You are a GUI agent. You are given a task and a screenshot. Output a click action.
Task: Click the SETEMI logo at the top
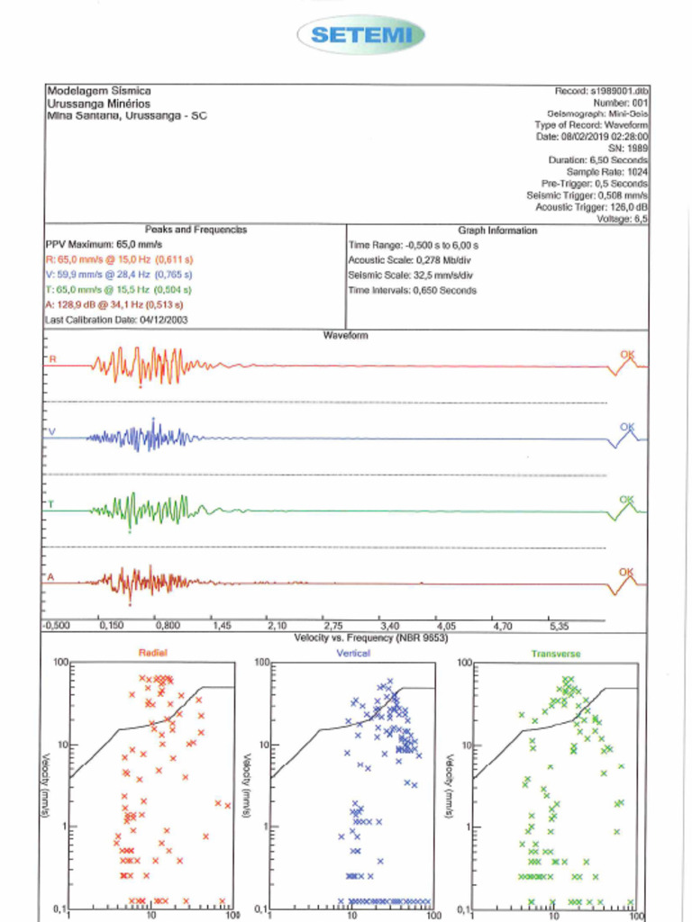tap(360, 35)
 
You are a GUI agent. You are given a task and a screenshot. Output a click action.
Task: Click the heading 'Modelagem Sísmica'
tap(98, 91)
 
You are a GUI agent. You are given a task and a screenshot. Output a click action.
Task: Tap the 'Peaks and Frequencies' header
tap(196, 230)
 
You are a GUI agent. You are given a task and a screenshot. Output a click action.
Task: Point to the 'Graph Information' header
tap(497, 230)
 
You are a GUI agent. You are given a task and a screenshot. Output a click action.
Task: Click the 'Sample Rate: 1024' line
tap(607, 171)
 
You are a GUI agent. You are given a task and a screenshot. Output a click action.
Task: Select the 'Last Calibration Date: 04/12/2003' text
tap(117, 320)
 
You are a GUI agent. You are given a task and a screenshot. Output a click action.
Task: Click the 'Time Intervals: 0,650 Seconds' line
tap(413, 291)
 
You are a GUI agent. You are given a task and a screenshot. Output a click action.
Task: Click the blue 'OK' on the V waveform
tap(627, 427)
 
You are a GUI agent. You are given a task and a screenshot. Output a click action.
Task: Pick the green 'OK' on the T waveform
tap(627, 500)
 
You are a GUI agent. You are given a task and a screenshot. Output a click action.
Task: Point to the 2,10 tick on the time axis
tap(277, 624)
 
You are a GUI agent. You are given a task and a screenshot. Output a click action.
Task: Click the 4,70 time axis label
tap(502, 624)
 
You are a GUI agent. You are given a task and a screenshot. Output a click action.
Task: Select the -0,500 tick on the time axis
tap(57, 624)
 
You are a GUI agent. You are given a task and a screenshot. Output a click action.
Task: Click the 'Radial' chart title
tap(152, 653)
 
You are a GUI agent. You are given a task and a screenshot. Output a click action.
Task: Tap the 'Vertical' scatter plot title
tap(353, 653)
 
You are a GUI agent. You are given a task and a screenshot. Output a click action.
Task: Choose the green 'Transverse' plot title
tap(555, 653)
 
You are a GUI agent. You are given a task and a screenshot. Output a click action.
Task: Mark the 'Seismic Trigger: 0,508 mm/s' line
tap(587, 194)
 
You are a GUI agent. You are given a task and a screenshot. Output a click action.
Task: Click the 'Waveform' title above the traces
tap(345, 335)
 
